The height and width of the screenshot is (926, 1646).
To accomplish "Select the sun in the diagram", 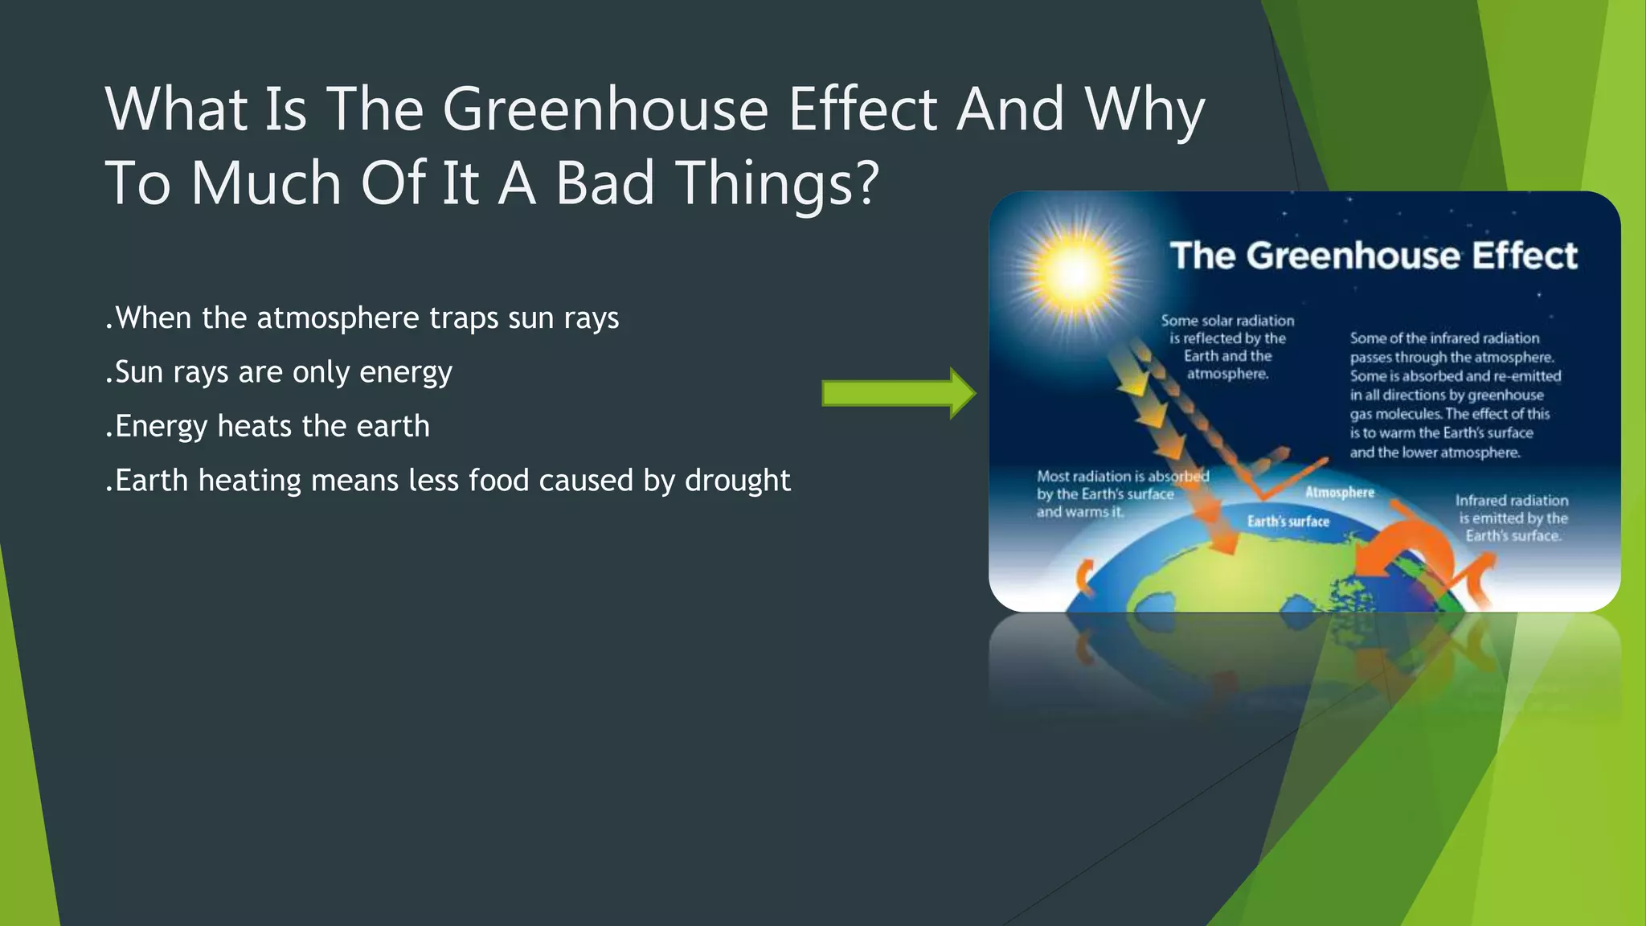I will click(1074, 271).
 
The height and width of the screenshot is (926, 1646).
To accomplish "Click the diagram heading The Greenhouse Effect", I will click(1374, 256).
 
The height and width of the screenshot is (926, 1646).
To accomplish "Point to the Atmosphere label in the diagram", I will click(1339, 492).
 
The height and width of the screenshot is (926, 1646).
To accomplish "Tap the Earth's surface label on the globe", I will click(1288, 522).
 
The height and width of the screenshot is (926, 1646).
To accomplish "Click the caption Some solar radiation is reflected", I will click(1227, 346).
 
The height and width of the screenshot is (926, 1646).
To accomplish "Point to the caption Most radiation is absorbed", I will click(1121, 494).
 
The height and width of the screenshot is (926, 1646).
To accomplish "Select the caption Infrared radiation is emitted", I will click(1511, 518).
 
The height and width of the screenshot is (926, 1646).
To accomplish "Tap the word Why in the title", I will click(1144, 109).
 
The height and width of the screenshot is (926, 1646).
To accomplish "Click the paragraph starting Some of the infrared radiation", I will click(1455, 395).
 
